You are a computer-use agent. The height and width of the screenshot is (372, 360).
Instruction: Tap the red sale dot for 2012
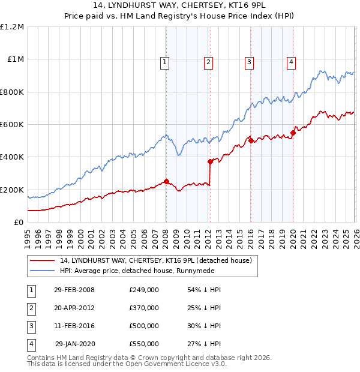pos(210,161)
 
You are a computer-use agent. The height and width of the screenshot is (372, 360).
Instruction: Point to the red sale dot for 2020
pos(293,133)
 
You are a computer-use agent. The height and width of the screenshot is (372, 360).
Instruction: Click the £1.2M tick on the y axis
pos(12,27)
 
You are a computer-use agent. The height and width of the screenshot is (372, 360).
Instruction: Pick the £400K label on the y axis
pos(12,157)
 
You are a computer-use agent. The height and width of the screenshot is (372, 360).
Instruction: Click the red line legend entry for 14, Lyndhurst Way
pos(159,260)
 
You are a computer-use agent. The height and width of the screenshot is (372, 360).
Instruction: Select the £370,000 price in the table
pos(144,308)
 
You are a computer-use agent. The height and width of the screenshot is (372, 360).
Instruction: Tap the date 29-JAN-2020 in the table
pos(75,344)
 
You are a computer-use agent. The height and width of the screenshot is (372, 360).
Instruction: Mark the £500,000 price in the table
pos(144,326)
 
